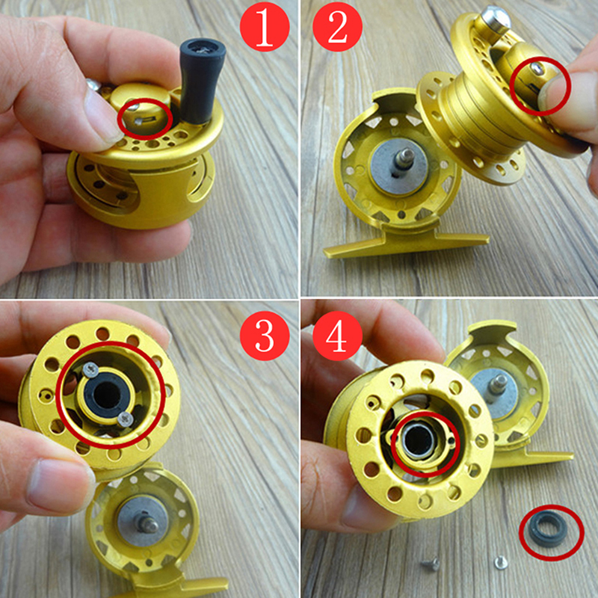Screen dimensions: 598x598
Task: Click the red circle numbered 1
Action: pos(265,26)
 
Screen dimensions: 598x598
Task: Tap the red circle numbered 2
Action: pos(337,27)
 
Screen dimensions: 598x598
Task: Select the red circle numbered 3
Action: pos(265,336)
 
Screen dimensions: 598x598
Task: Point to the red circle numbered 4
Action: pos(337,336)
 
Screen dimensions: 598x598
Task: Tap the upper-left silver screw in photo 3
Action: pos(90,369)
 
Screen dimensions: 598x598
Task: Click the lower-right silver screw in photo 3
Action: pos(125,419)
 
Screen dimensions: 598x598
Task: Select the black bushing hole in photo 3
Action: pos(107,395)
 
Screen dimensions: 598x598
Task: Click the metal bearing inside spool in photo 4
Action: pos(419,443)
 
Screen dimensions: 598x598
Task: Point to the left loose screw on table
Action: pos(431,564)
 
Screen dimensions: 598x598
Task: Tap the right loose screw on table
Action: pos(501,562)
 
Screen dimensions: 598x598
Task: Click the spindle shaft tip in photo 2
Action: pos(407,155)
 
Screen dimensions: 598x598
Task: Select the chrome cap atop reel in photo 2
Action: pos(496,17)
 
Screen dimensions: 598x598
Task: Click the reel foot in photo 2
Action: pos(406,244)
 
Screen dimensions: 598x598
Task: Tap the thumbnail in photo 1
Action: pos(102,114)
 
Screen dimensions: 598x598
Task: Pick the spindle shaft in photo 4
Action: pos(498,384)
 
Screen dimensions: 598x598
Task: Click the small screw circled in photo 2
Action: pos(537,69)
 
